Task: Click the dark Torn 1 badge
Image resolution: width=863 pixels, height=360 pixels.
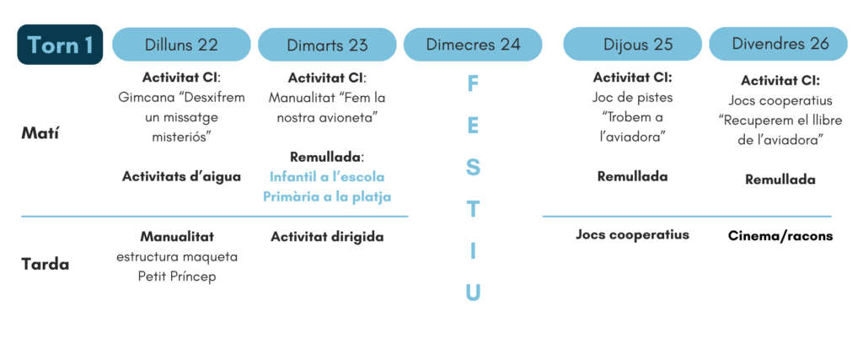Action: click(x=60, y=45)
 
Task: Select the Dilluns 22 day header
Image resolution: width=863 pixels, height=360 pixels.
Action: click(x=182, y=45)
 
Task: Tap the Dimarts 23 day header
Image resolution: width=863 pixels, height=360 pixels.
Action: click(x=327, y=45)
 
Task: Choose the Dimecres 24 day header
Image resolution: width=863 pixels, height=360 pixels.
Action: click(x=473, y=45)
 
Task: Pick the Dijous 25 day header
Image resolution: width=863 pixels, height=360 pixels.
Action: click(x=632, y=45)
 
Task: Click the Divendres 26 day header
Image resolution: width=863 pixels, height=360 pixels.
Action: click(x=778, y=44)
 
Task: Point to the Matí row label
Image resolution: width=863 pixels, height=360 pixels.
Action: click(x=40, y=134)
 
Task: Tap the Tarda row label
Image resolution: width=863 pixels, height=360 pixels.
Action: click(x=46, y=265)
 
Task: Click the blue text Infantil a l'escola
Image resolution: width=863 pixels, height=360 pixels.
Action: click(x=327, y=177)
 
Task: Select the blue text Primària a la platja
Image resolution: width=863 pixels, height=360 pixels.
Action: click(x=327, y=196)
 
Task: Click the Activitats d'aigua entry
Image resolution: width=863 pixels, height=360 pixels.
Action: click(x=182, y=177)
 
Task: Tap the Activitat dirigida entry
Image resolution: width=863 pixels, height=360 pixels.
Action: click(x=327, y=237)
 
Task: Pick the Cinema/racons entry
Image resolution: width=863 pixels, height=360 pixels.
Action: click(x=780, y=236)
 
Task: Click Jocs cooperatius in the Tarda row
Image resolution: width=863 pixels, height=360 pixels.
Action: click(x=632, y=235)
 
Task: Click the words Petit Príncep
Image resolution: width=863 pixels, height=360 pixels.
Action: click(x=177, y=277)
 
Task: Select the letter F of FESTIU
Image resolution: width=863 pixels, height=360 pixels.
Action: click(x=473, y=84)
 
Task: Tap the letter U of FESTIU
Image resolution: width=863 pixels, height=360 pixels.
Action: click(x=473, y=293)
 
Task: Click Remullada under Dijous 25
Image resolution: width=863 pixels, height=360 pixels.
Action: click(x=632, y=177)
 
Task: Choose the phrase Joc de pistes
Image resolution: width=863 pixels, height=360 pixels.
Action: click(x=632, y=98)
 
